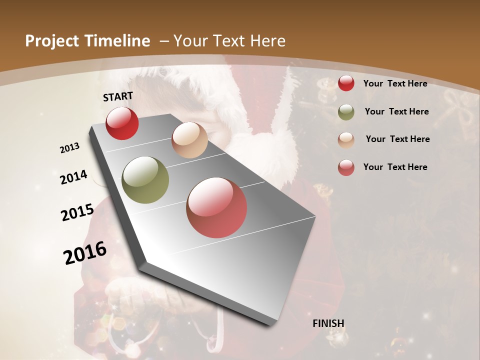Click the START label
118,96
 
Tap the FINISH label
328,323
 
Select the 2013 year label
70,148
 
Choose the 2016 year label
85,252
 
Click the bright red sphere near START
122,123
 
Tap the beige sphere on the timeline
189,140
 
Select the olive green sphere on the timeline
145,180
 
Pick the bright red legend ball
346,83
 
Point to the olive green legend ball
346,112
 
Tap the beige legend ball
346,139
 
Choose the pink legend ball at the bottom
346,167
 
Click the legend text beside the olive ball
396,111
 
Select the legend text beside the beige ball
397,139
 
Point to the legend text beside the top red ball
395,83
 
